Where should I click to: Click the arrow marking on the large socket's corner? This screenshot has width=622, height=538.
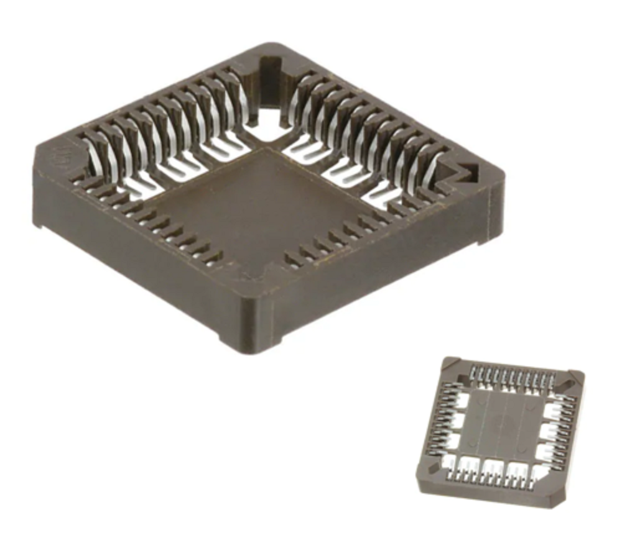click(465, 173)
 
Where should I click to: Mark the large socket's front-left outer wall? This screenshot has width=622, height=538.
click(137, 261)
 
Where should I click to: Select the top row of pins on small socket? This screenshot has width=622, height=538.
click(510, 376)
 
